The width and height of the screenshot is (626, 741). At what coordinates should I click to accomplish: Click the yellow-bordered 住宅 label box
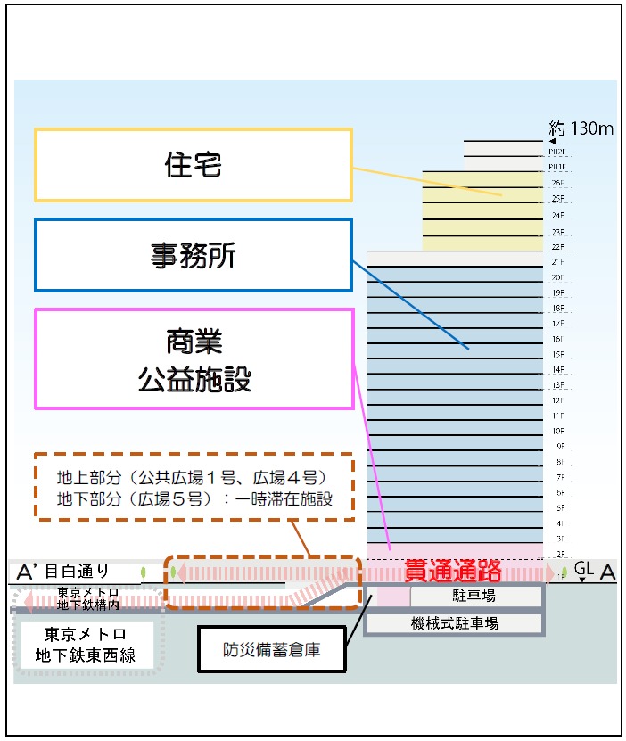193,165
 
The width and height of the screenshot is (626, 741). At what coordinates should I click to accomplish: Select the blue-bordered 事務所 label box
193,255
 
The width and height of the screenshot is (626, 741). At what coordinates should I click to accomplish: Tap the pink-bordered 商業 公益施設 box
193,358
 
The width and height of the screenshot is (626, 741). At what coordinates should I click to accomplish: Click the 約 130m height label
581,128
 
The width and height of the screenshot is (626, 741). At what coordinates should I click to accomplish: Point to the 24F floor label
558,216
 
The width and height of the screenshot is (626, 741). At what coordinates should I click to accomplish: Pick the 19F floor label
558,292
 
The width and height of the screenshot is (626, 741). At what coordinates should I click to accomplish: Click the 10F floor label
558,431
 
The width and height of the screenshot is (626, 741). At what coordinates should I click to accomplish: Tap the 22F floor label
558,247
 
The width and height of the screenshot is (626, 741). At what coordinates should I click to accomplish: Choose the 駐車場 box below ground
475,595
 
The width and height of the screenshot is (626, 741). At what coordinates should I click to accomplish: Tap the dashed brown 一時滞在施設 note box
194,486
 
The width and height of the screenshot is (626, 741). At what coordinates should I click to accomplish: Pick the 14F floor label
558,369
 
